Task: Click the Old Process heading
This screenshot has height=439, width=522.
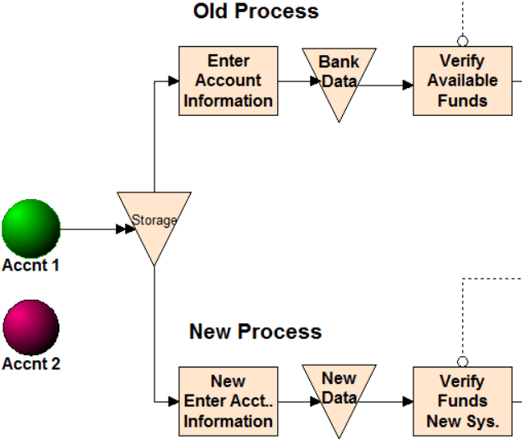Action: tap(256, 12)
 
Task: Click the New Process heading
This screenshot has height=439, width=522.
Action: tap(256, 332)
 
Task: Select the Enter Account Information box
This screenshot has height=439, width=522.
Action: tap(228, 81)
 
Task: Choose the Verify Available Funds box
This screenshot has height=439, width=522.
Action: tap(462, 81)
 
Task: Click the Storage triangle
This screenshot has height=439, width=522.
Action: tap(154, 222)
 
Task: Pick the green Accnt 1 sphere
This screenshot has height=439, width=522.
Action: tap(31, 228)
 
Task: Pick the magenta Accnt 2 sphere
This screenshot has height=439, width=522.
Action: tap(31, 326)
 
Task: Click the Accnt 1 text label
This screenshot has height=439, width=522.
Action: tap(31, 266)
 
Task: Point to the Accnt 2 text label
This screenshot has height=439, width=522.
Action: tap(31, 364)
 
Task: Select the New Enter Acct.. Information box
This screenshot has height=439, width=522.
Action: tap(228, 401)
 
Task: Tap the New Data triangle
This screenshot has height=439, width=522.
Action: tap(339, 396)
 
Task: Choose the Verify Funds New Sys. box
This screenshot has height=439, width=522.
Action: tap(462, 401)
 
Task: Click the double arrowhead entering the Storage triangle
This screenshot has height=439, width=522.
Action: tap(126, 229)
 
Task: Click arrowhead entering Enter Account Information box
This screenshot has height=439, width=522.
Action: tap(173, 81)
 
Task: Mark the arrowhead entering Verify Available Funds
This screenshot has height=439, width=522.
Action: tap(408, 85)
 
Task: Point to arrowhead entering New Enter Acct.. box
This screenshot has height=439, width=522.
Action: tap(173, 401)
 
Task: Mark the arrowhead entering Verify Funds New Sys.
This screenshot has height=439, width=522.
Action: tap(408, 401)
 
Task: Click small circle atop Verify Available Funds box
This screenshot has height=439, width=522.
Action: tap(463, 40)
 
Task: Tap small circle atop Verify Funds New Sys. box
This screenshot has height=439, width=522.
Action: tap(463, 362)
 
